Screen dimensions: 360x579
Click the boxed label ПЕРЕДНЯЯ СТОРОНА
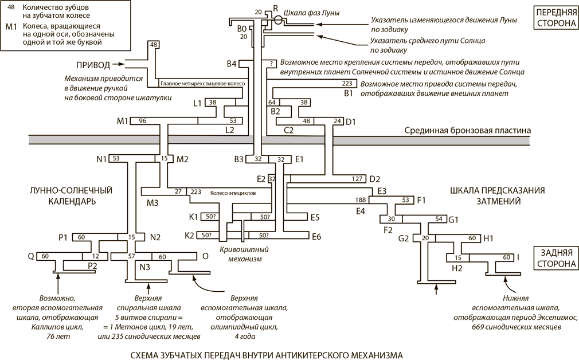(554, 18)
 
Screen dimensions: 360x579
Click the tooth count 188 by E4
(361, 200)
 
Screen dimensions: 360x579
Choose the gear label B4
(232, 63)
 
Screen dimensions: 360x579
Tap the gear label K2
(189, 236)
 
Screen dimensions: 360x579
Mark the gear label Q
(31, 256)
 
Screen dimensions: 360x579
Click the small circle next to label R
(278, 19)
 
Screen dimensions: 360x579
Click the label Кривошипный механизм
(244, 254)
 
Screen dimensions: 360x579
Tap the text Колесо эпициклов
(232, 193)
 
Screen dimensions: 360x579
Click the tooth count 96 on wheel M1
(143, 121)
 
